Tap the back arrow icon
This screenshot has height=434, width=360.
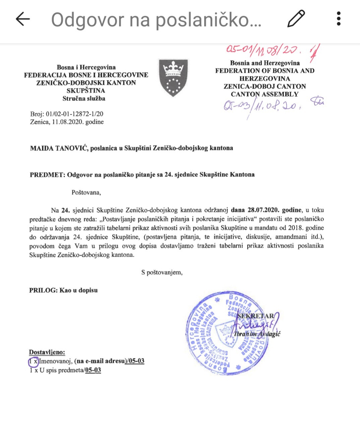pyautogui.click(x=23, y=19)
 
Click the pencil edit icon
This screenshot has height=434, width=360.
pyautogui.click(x=296, y=19)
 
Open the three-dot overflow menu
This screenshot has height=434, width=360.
pyautogui.click(x=339, y=19)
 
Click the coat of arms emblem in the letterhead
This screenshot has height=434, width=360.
pyautogui.click(x=173, y=77)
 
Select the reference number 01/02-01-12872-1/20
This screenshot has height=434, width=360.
pyautogui.click(x=74, y=114)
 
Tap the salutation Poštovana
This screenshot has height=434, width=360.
pyautogui.click(x=86, y=193)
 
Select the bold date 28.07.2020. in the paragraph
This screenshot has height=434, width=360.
pyautogui.click(x=263, y=210)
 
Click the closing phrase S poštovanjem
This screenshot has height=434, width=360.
pyautogui.click(x=162, y=272)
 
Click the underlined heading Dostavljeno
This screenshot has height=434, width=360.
pyautogui.click(x=47, y=352)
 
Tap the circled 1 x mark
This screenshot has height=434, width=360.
pyautogui.click(x=33, y=361)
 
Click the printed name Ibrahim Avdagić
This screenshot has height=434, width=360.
pyautogui.click(x=257, y=334)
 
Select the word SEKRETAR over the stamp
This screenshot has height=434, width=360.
pyautogui.click(x=255, y=316)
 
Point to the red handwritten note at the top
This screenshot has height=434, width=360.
pyautogui.click(x=265, y=50)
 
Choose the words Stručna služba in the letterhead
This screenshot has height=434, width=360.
pyautogui.click(x=84, y=98)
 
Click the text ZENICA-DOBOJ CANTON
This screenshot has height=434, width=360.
pyautogui.click(x=265, y=86)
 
